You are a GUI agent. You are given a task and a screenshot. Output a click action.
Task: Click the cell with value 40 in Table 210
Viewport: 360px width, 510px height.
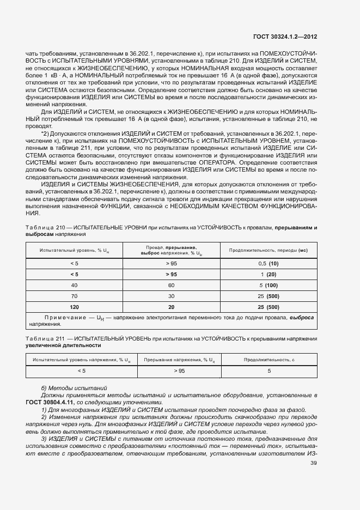[x=74, y=285]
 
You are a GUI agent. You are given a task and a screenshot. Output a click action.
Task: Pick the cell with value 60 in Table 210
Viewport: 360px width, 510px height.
[x=171, y=285]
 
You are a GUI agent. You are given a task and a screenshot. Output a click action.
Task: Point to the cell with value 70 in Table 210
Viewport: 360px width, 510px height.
[x=74, y=296]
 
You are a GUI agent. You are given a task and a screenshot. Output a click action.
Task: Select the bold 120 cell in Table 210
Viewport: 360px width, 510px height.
[x=74, y=307]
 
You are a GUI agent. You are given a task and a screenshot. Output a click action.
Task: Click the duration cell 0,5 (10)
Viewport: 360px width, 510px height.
[x=269, y=263]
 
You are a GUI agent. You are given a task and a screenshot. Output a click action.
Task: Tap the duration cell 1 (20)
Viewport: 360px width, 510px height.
[x=269, y=274]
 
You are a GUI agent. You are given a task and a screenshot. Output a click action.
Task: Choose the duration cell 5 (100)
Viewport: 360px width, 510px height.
[x=269, y=285]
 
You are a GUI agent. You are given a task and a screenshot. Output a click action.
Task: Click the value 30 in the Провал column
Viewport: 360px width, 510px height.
[x=171, y=296]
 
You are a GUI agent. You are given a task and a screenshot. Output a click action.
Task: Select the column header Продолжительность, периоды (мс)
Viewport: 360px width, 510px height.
[x=269, y=250]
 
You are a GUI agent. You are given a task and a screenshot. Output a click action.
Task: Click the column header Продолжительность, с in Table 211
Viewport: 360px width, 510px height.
[x=269, y=360]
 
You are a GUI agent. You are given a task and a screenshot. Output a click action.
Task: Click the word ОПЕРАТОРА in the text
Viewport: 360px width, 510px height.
[x=219, y=162]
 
